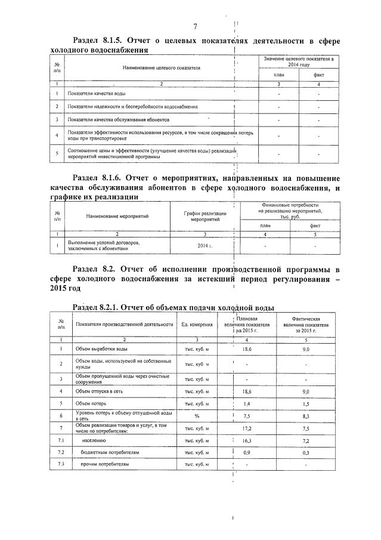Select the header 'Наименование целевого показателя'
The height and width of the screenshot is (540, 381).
(161, 68)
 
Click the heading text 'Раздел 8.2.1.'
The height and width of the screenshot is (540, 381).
(95, 308)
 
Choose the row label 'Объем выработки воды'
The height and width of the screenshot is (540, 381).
(101, 348)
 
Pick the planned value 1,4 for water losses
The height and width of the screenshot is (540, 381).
(247, 403)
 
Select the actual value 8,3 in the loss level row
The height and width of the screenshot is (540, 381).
(306, 416)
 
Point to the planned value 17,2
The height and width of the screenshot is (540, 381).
(247, 428)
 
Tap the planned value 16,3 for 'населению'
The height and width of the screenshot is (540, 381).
(247, 440)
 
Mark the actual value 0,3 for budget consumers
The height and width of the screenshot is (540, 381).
(306, 452)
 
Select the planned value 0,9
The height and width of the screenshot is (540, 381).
(247, 452)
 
